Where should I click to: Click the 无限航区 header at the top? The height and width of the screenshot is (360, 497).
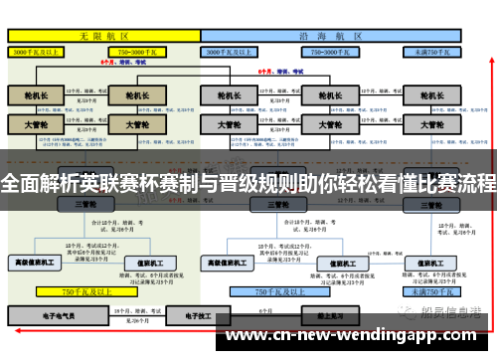pos(104,34)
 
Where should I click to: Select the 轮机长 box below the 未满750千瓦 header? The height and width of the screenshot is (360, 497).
pos(431,95)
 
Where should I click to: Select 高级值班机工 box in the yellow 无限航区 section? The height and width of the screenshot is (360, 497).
pos(36,263)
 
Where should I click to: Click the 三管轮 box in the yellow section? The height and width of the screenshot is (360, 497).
pos(85,204)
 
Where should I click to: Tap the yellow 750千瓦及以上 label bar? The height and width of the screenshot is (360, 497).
pos(85,292)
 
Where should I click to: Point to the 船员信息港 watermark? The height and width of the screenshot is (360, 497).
pos(452,312)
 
